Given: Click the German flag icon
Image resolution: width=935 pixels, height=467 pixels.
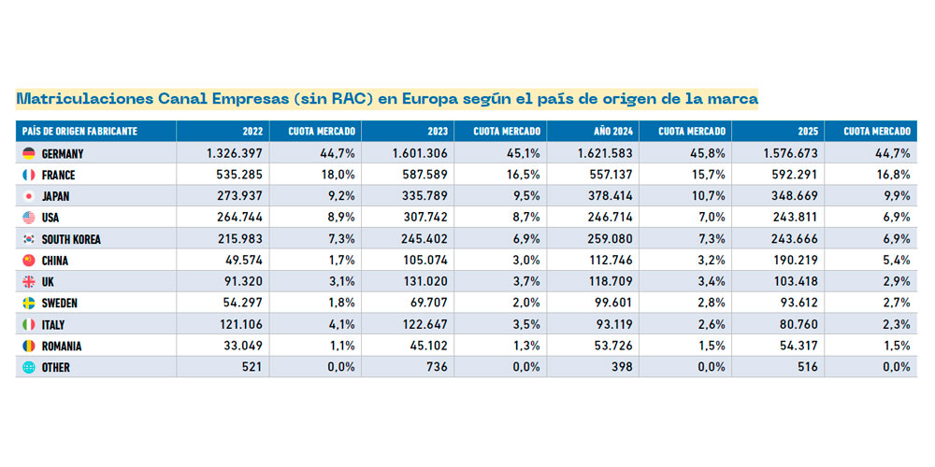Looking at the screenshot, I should tap(28, 153).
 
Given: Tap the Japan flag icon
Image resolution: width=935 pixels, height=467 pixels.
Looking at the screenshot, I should tap(28, 196).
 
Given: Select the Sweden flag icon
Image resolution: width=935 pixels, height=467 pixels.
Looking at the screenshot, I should tap(28, 304).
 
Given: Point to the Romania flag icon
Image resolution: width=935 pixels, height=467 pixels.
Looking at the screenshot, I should tap(28, 347).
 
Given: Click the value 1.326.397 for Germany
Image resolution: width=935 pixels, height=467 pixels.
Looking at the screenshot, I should tap(234, 153).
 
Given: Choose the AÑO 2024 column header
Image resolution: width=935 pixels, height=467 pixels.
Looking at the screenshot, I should tap(613, 132).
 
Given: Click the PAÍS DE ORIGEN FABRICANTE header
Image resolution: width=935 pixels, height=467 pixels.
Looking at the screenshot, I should tap(79, 132).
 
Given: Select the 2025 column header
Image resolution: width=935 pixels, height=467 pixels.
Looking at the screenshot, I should tap(807, 132).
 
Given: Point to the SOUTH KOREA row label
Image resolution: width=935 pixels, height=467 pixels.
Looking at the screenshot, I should tap(71, 239).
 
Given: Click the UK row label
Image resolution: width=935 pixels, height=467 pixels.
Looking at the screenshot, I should tap(49, 282).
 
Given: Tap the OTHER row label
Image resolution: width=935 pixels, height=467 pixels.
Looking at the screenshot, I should tap(56, 368).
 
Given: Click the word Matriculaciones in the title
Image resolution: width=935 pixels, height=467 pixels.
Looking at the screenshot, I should tap(79, 98).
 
